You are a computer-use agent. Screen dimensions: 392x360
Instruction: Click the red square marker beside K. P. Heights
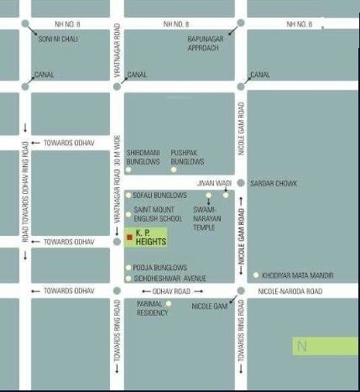[x=128, y=238]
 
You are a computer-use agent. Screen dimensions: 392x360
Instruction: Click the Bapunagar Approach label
[x=202, y=43]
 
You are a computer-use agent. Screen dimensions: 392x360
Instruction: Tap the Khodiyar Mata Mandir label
[x=298, y=275]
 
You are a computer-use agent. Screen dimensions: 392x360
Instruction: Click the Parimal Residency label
[x=152, y=308]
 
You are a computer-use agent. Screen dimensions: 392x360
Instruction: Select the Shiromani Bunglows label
[x=143, y=156]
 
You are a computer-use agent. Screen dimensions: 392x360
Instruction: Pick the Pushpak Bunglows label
[x=187, y=156]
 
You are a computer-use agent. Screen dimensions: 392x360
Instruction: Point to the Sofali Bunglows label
[x=159, y=196]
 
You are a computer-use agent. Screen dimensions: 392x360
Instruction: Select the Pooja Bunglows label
[x=154, y=269]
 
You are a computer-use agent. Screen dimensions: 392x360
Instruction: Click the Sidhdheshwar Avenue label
[x=170, y=278]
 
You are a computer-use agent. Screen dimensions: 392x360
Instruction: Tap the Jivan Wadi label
[x=213, y=182]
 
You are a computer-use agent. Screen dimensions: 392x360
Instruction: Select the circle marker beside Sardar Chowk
[x=241, y=183]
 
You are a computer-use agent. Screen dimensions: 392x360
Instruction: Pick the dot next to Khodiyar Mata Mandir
[x=256, y=275]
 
